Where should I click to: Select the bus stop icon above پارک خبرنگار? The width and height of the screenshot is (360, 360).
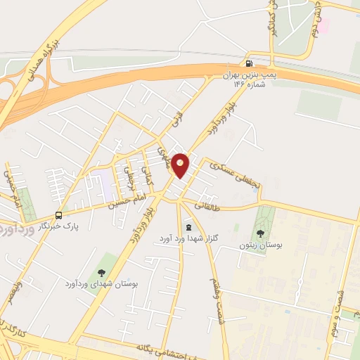click(58, 216)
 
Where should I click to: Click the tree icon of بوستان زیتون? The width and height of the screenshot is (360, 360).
click(261, 233)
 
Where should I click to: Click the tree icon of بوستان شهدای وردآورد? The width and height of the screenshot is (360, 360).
click(101, 271)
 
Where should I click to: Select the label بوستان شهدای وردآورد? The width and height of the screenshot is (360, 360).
click(102, 283)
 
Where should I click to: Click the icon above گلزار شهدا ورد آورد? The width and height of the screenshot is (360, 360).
click(189, 227)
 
